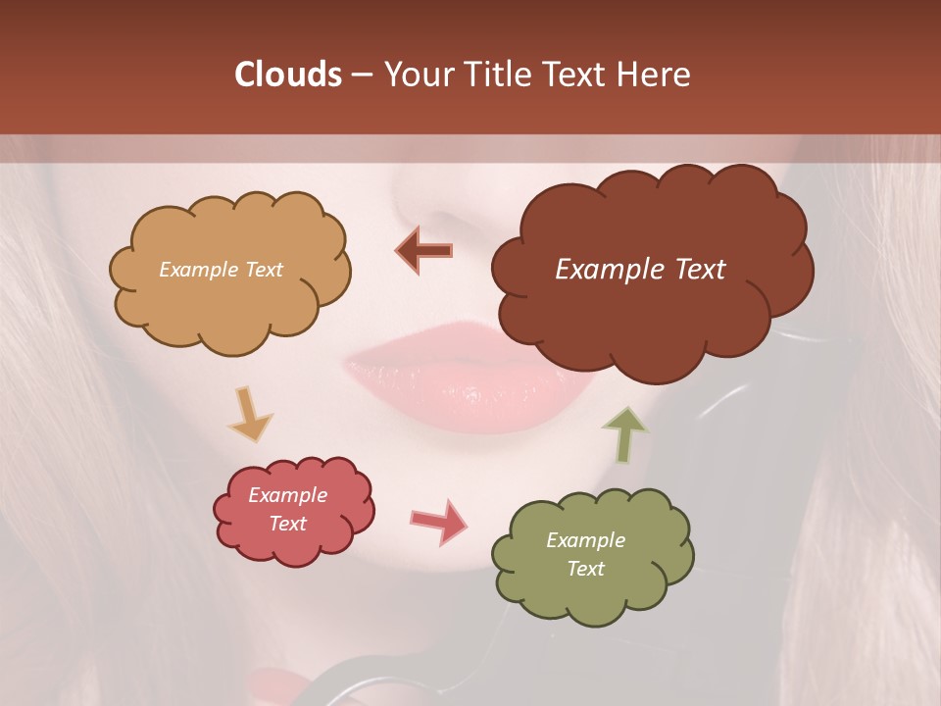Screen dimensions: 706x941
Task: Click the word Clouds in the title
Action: pos(287,75)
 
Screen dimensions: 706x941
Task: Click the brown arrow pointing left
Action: pos(423,250)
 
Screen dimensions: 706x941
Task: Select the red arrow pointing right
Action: pos(439,521)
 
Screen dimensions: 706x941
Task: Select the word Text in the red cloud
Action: pos(288,524)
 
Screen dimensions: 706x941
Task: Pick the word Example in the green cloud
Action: pos(585,540)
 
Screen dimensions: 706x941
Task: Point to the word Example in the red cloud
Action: pos(288,495)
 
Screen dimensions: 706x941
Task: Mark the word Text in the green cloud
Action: pos(585,569)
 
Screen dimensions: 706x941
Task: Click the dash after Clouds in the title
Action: pos(361,75)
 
